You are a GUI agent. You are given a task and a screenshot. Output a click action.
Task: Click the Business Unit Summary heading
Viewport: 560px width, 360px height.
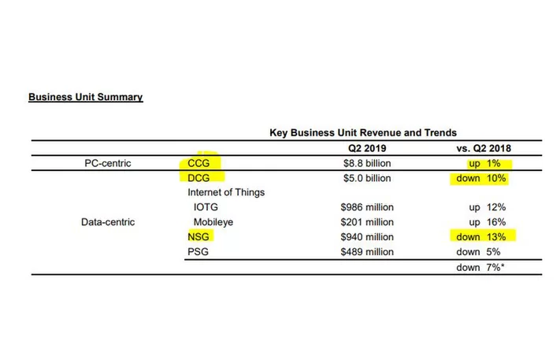(x=85, y=97)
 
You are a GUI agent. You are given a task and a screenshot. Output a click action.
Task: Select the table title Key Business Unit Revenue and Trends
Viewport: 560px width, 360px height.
(x=363, y=133)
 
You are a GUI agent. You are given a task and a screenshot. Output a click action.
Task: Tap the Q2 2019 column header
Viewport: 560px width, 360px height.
(x=362, y=149)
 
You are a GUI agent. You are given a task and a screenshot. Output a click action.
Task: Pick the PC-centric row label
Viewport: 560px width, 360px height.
(x=107, y=164)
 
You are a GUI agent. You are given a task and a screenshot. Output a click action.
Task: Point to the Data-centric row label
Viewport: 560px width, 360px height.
(x=108, y=221)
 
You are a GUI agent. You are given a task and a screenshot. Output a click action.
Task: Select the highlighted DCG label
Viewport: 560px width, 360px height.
(x=201, y=178)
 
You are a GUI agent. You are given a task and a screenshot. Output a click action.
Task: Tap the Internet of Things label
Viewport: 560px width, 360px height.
(x=226, y=192)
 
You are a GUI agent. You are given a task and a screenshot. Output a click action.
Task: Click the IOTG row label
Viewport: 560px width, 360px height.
(x=206, y=207)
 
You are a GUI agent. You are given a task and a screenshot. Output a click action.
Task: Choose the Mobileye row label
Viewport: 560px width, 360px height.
(x=214, y=221)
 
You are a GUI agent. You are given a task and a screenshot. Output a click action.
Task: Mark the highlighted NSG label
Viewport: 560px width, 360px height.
(x=200, y=236)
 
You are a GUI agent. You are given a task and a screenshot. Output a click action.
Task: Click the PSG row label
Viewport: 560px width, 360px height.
(x=200, y=251)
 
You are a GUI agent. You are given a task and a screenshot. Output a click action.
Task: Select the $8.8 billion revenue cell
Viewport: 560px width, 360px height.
(x=362, y=164)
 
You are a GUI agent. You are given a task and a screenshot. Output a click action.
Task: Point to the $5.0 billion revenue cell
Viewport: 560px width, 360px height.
(x=362, y=178)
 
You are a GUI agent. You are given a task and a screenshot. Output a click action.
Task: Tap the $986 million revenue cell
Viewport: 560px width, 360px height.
(x=362, y=207)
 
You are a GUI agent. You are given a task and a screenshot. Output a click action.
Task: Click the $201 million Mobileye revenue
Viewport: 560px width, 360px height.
(x=362, y=221)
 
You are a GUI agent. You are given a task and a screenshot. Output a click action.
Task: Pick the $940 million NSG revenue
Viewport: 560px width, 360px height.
(x=362, y=236)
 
